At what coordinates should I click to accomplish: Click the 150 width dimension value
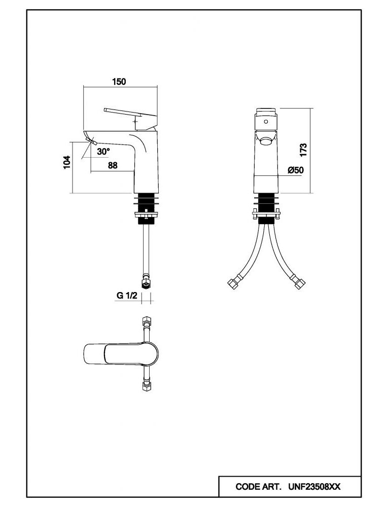coord(119,81)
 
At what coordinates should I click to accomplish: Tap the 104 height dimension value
coord(66,162)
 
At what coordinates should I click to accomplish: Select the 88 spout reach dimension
coord(113,165)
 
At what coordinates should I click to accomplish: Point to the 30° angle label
coord(103,151)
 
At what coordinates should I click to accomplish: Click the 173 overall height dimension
coord(303,150)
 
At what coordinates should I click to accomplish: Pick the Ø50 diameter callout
coord(295,170)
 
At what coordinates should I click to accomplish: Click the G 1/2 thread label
coord(127,296)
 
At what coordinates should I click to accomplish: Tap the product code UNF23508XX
coord(314,487)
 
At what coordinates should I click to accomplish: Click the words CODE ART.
coord(258,487)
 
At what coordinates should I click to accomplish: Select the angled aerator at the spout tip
coord(91,141)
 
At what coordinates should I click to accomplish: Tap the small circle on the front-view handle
coord(266,122)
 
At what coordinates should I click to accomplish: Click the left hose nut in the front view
coord(234,281)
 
